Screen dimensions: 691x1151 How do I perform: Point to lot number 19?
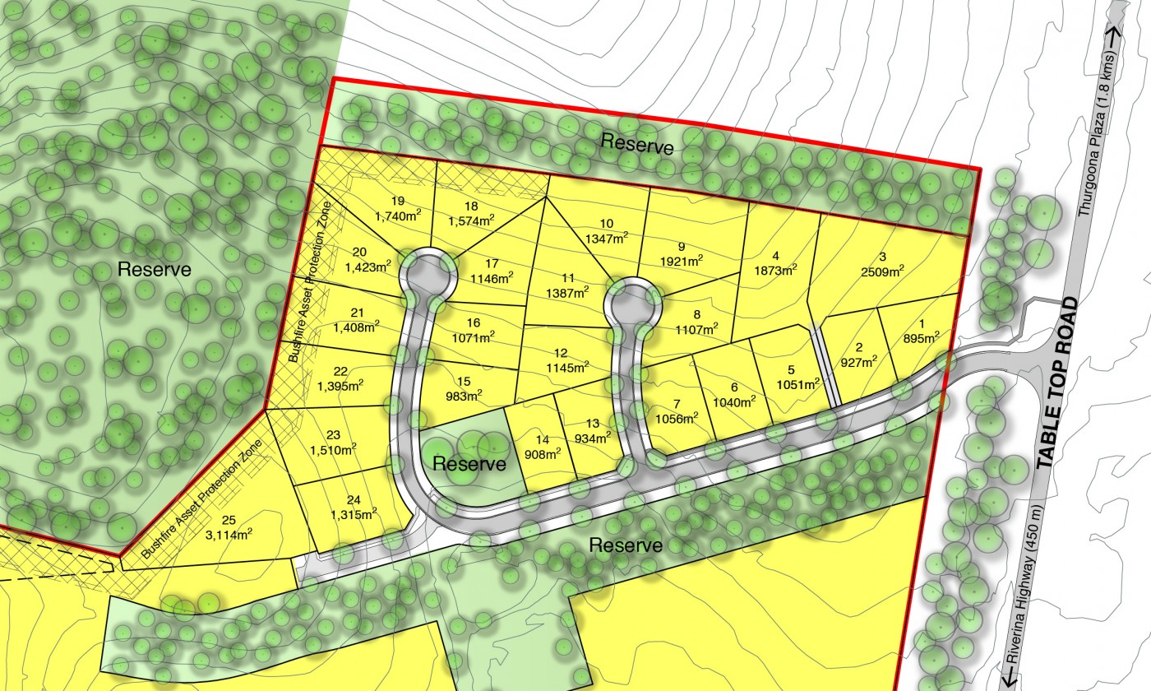[399, 202]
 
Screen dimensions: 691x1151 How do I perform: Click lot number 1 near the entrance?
[922, 324]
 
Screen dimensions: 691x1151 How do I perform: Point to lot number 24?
[354, 501]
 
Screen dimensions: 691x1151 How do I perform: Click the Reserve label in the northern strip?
[637, 143]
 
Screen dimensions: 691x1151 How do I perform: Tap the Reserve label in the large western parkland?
[155, 269]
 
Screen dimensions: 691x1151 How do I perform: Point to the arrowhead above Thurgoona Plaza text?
[1115, 35]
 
